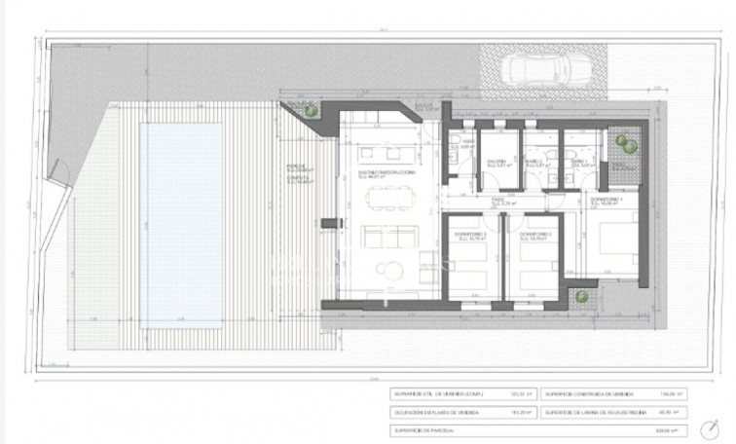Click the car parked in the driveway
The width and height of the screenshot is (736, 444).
[538, 71]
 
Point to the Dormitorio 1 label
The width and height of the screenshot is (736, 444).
[606, 202]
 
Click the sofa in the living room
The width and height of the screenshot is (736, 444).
[382, 238]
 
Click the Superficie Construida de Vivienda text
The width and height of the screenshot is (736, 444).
[593, 393]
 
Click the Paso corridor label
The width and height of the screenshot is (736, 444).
[497, 203]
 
